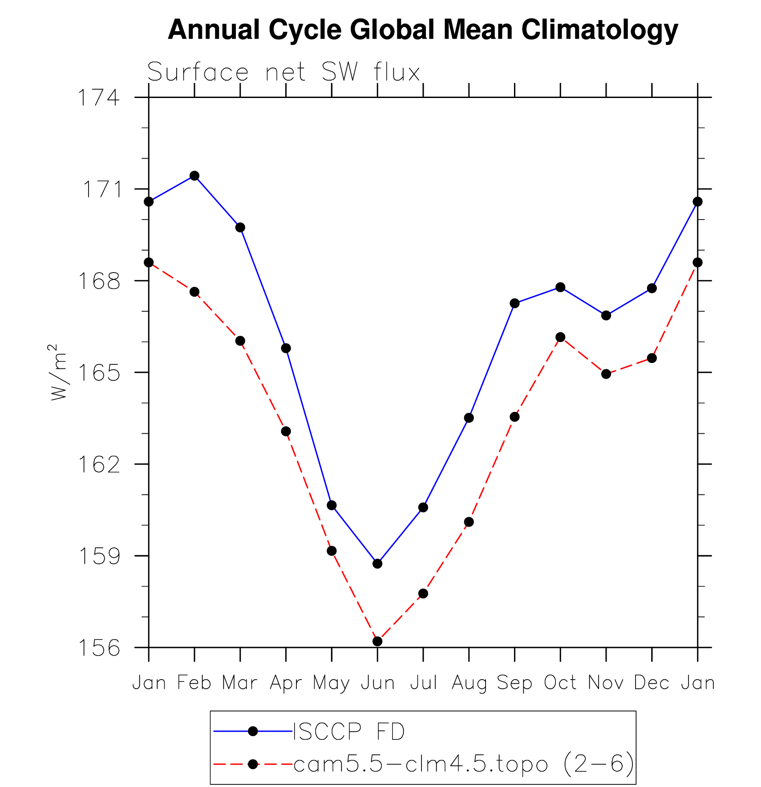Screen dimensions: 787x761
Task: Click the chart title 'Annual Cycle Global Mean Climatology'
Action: [x=423, y=30]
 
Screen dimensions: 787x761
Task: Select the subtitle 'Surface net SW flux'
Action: [x=283, y=72]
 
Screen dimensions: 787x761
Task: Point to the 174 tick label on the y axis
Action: [x=99, y=98]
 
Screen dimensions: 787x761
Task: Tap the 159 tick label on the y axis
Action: [x=99, y=556]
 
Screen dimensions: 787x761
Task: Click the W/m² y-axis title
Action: [x=59, y=372]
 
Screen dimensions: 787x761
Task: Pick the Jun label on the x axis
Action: [x=377, y=683]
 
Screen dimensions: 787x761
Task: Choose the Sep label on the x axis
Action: [x=514, y=683]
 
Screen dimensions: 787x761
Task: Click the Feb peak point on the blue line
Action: [x=194, y=175]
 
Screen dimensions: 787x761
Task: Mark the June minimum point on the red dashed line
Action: [x=377, y=641]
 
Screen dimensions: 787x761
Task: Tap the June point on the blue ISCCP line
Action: [x=377, y=563]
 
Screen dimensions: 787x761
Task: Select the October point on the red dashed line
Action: [x=560, y=337]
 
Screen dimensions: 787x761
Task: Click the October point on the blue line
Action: [x=560, y=287]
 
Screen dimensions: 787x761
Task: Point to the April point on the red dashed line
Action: [x=286, y=431]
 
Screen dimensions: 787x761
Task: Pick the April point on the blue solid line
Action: [x=286, y=348]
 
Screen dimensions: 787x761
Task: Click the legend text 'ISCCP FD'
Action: [x=349, y=732]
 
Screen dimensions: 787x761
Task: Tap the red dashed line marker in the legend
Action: [x=253, y=764]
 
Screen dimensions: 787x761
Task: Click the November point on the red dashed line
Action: [x=606, y=374]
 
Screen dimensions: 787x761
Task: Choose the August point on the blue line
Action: [x=469, y=418]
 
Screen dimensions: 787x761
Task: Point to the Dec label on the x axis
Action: [x=652, y=683]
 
